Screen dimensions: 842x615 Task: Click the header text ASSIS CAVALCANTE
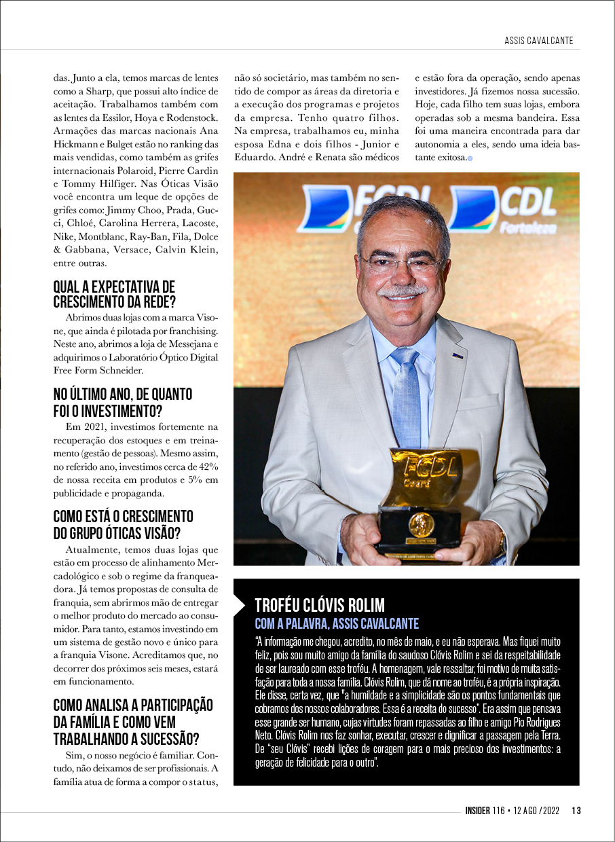pyautogui.click(x=538, y=41)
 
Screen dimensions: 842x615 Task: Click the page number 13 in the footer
pyautogui.click(x=576, y=810)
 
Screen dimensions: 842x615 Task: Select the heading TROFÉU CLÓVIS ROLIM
pyautogui.click(x=319, y=605)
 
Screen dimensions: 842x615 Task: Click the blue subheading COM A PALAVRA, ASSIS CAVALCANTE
pyautogui.click(x=337, y=623)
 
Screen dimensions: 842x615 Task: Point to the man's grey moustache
pyautogui.click(x=403, y=291)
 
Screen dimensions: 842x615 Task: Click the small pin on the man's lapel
pyautogui.click(x=458, y=354)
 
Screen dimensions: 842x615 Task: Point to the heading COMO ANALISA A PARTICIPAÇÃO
pyautogui.click(x=133, y=705)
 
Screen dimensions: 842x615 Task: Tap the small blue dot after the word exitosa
pyautogui.click(x=470, y=158)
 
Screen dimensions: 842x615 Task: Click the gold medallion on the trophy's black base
pyautogui.click(x=421, y=524)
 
